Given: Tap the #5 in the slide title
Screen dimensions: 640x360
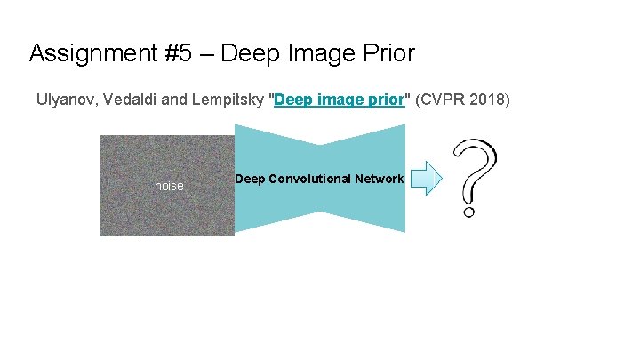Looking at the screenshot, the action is pos(173,54).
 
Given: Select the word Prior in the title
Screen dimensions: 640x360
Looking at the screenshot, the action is pos(388,54).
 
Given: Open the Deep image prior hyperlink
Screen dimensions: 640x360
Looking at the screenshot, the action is pos(340,100).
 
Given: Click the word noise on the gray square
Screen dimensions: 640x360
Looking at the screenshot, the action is pos(169,187).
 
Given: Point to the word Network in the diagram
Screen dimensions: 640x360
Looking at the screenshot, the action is pos(380,179).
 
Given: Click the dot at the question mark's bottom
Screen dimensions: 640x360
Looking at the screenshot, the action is pos(469,212).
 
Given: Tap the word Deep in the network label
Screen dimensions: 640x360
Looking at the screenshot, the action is pos(249,179).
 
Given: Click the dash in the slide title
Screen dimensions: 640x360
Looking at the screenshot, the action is pos(206,54).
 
